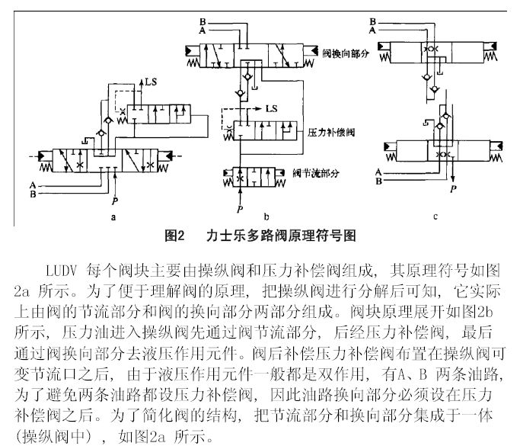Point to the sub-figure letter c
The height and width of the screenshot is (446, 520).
(x=435, y=217)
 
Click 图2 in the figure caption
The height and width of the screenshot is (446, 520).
(x=176, y=236)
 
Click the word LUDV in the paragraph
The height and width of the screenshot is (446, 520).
(x=63, y=271)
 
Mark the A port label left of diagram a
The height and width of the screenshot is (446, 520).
(x=32, y=184)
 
